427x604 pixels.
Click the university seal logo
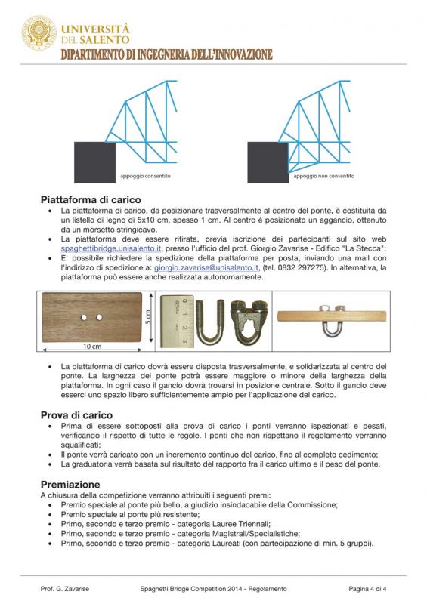pyautogui.click(x=39, y=32)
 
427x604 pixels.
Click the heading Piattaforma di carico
pyautogui.click(x=91, y=199)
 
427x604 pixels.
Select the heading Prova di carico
pyautogui.click(x=76, y=414)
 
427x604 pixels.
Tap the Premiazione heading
pyautogui.click(x=70, y=484)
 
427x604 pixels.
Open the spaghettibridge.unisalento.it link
pyautogui.click(x=110, y=248)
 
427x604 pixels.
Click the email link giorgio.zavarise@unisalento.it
pyautogui.click(x=206, y=267)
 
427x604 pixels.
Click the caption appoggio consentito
pyautogui.click(x=145, y=176)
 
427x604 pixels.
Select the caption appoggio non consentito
pyautogui.click(x=323, y=176)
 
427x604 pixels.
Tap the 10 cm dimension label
pyautogui.click(x=92, y=347)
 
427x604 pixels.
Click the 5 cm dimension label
pyautogui.click(x=148, y=316)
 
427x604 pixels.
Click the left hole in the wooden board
pyautogui.click(x=84, y=317)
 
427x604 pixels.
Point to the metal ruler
pyautogui.click(x=177, y=319)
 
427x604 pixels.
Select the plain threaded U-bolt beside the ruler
pyautogui.click(x=210, y=322)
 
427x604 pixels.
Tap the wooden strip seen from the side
pyautogui.click(x=332, y=316)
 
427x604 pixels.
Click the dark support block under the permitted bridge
pyautogui.click(x=94, y=162)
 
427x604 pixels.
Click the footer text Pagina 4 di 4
pyautogui.click(x=367, y=589)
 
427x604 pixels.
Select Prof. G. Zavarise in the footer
pyautogui.click(x=65, y=589)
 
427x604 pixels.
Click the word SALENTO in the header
pyautogui.click(x=105, y=40)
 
